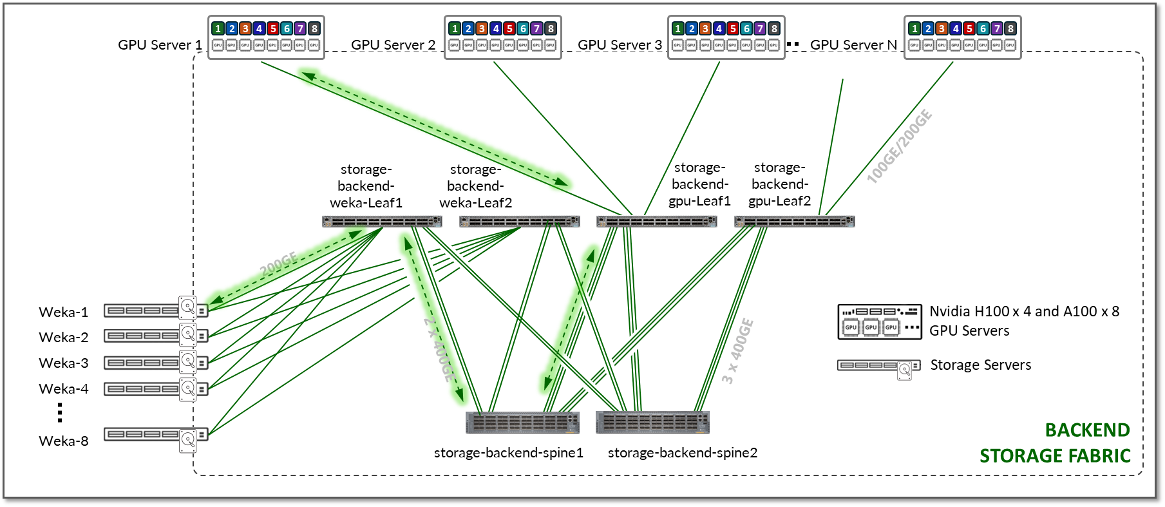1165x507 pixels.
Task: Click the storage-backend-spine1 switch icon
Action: [x=522, y=423]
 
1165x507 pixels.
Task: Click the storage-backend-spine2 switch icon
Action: [x=652, y=423]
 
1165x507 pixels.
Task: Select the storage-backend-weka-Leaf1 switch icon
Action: [x=382, y=222]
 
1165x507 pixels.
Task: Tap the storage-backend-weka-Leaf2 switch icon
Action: [x=519, y=222]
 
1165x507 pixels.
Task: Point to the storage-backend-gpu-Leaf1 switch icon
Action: [x=656, y=222]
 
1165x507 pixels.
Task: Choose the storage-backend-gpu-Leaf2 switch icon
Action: [x=794, y=222]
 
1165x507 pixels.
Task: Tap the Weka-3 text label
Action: [x=64, y=363]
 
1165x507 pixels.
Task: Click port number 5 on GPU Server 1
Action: [x=273, y=28]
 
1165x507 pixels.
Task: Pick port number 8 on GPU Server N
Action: [x=1010, y=28]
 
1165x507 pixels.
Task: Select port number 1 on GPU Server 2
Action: [x=455, y=28]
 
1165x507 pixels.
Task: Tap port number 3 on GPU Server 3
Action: [x=705, y=28]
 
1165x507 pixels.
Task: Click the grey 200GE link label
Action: [x=279, y=264]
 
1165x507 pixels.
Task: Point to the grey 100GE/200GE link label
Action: [x=899, y=147]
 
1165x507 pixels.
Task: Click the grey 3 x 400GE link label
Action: [x=737, y=351]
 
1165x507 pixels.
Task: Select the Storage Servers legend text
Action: [x=980, y=365]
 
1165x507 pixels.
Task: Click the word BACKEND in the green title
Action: [x=1087, y=430]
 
